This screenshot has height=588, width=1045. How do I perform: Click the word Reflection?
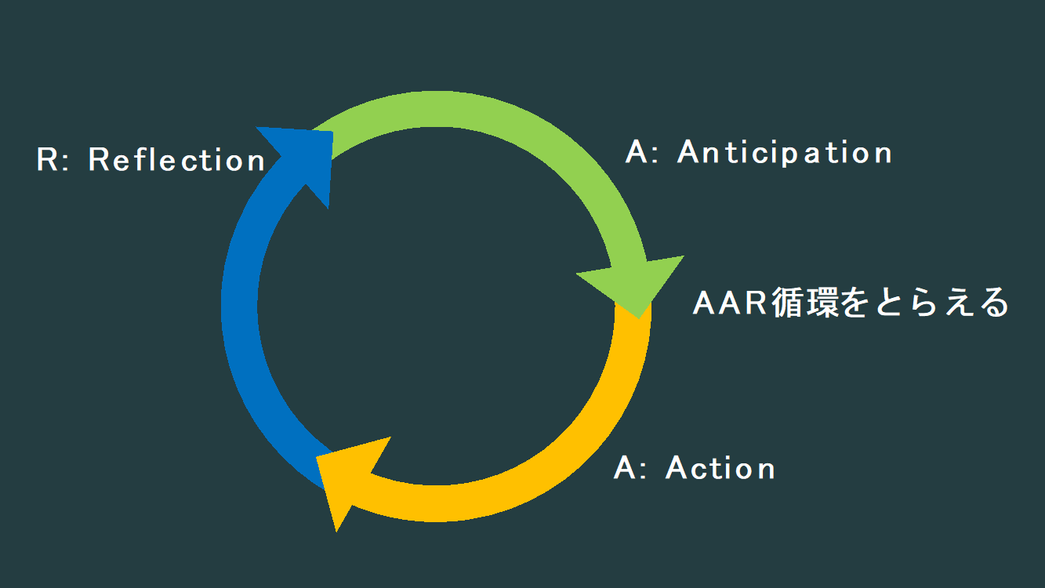coord(177,159)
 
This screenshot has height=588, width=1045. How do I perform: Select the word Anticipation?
coord(785,152)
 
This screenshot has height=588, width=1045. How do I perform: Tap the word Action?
coord(720,468)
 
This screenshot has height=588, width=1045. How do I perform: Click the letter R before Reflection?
coord(48,159)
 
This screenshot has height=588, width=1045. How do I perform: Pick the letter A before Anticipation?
coord(637,151)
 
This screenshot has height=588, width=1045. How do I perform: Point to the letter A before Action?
coord(625,467)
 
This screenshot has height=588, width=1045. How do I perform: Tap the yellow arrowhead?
coord(347,478)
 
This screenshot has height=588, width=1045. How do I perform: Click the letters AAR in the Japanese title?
coord(730,303)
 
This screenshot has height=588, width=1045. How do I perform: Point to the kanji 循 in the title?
coord(788,303)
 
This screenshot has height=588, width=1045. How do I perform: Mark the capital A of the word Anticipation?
coord(689,151)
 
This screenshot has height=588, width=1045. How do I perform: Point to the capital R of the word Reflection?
coord(100,159)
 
